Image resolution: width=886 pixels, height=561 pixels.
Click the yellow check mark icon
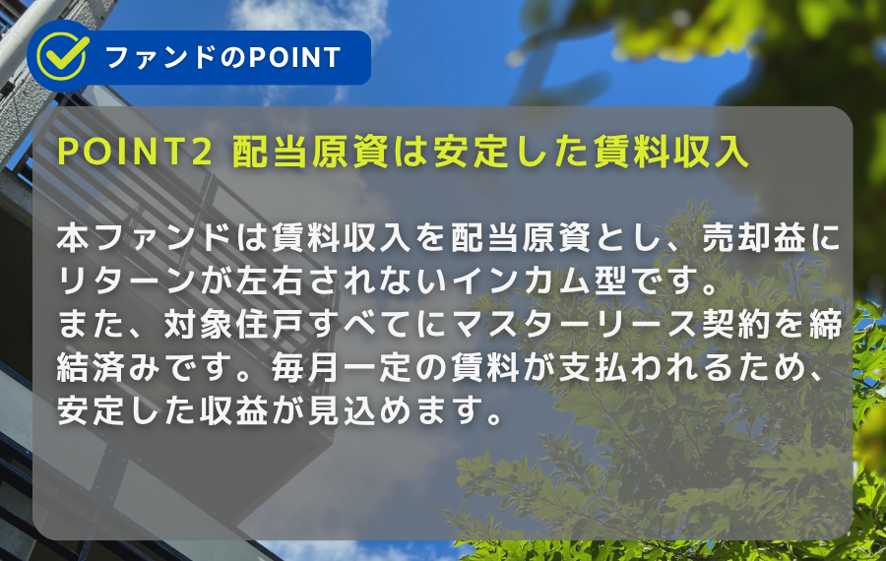[62, 56]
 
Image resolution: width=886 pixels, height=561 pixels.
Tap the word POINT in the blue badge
[295, 58]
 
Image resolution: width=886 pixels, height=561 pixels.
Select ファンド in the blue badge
[160, 58]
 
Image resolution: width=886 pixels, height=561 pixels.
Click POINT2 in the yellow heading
[135, 152]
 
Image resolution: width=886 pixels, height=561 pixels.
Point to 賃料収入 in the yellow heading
[670, 152]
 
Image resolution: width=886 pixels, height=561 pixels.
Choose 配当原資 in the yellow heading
[310, 152]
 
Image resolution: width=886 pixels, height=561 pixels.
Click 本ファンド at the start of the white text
[145, 238]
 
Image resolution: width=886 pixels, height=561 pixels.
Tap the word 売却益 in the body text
[753, 238]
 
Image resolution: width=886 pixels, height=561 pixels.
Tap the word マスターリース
[575, 324]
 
